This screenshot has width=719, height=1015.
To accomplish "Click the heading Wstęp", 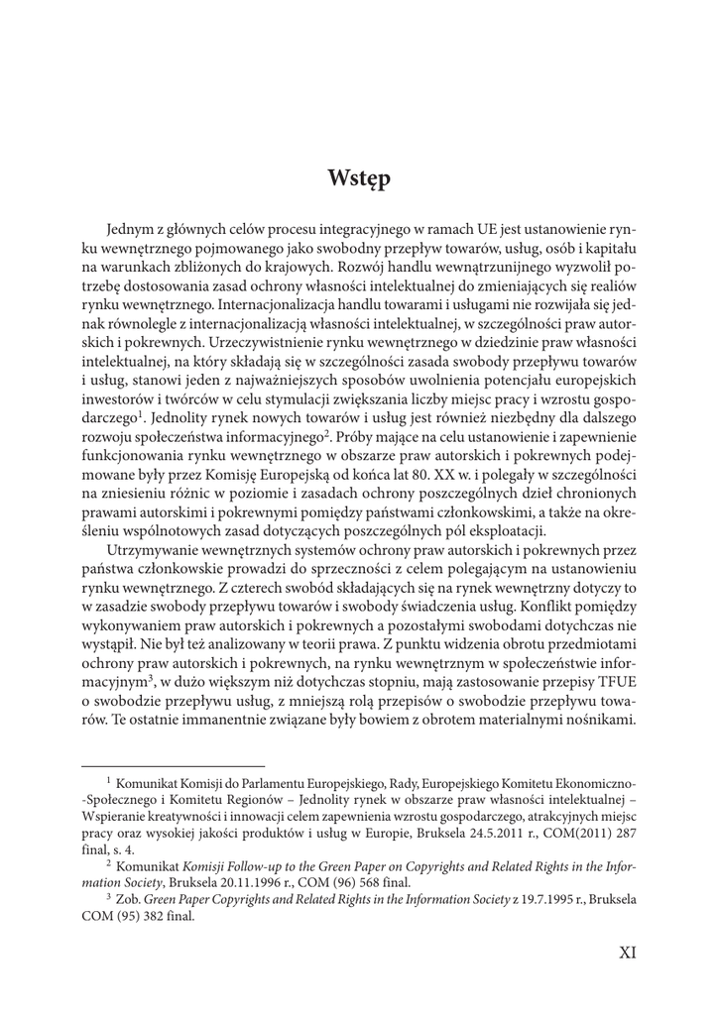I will tap(359, 179).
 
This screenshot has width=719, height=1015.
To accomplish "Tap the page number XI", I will tap(627, 953).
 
